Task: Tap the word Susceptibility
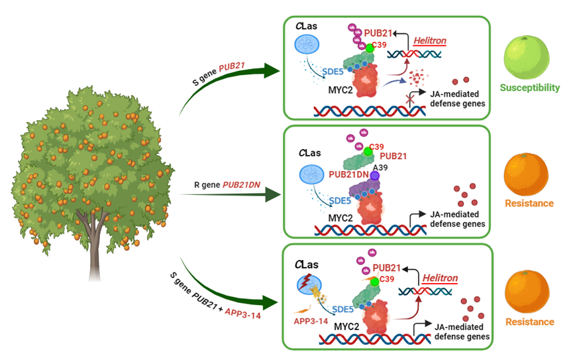point(530,88)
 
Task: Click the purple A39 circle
point(374,176)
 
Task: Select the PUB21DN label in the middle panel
point(349,176)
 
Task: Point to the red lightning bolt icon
point(305,285)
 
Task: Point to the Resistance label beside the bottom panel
point(530,322)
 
